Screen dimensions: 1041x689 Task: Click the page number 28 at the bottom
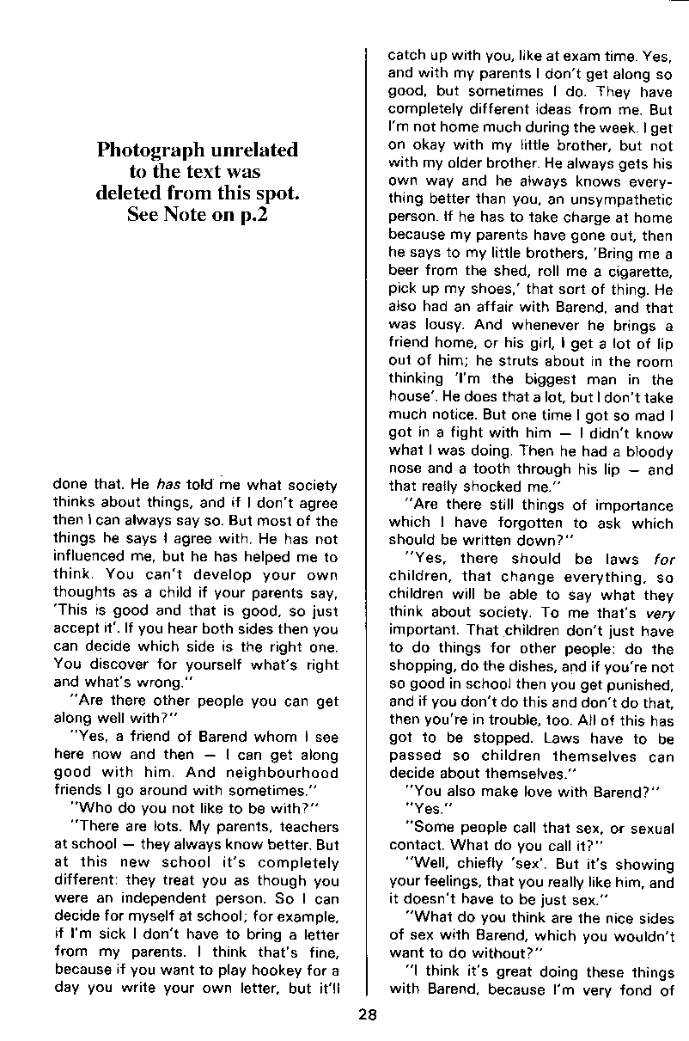(x=368, y=1014)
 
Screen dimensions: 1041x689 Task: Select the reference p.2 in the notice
(x=250, y=215)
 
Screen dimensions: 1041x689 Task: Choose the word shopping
(x=423, y=667)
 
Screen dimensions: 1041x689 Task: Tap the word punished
(x=635, y=685)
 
